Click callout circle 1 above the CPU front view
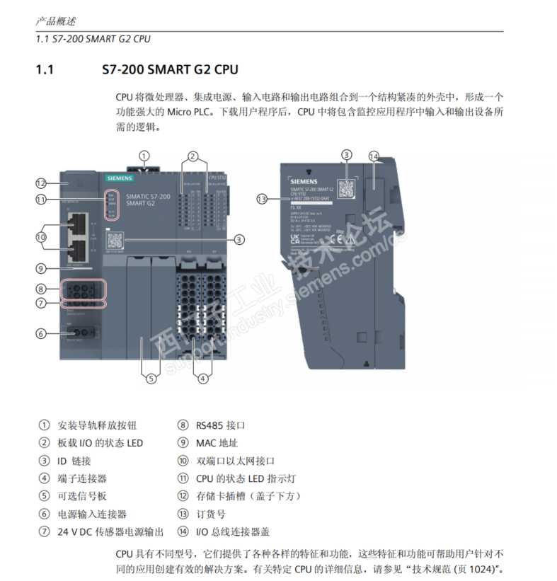144,156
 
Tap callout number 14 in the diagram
374,156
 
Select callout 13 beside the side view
263,200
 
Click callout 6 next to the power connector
41,333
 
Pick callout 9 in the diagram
41,268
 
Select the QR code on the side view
346,188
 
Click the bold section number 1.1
45,69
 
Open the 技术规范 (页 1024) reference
453,570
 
